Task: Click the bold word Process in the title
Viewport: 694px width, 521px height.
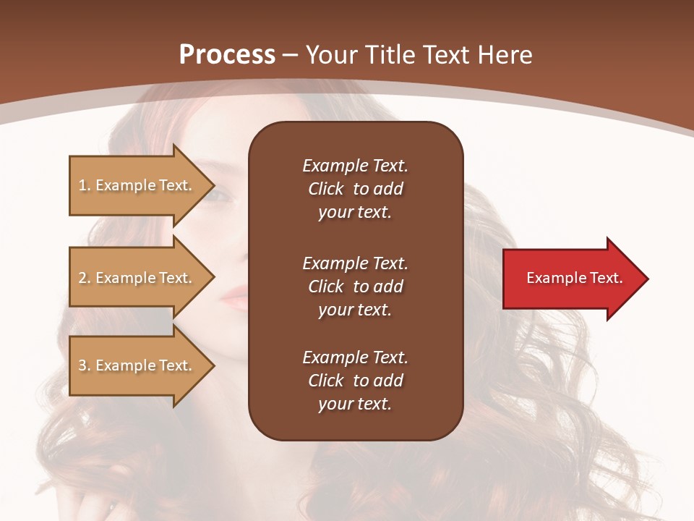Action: [x=227, y=55]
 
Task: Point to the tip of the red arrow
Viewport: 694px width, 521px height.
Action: [x=646, y=279]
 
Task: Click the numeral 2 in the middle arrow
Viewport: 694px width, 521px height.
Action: [x=82, y=278]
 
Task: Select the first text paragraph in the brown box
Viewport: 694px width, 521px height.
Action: [x=355, y=189]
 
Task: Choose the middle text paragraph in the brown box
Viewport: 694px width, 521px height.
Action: [x=355, y=287]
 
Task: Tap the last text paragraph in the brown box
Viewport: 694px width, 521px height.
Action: [x=355, y=381]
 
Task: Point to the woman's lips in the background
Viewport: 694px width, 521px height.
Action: [x=235, y=295]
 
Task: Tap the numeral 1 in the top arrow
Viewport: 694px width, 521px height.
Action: [x=82, y=185]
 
